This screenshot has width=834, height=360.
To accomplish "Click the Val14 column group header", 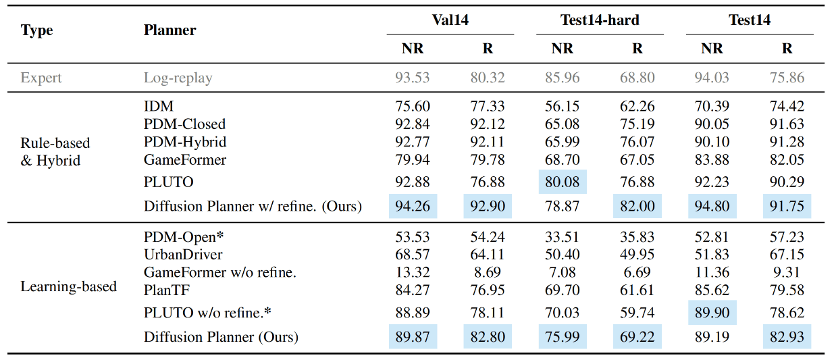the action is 450,20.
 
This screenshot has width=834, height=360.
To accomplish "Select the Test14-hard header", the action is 600,20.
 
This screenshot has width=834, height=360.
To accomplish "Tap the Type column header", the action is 36,30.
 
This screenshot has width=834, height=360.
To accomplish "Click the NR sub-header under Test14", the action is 712,49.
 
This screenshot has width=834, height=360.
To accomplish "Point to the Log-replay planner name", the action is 178,78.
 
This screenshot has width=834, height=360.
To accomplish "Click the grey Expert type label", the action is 41,78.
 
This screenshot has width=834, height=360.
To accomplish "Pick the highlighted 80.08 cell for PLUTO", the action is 563,182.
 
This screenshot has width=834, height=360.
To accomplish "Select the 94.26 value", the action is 413,206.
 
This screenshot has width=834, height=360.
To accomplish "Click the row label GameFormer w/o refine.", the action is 220,272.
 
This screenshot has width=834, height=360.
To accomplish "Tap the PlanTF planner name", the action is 167,290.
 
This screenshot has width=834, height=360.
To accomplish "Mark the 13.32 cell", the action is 413,272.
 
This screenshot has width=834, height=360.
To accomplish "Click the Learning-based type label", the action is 68,286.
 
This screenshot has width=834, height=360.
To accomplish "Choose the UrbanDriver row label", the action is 183,255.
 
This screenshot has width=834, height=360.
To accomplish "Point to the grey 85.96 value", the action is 563,78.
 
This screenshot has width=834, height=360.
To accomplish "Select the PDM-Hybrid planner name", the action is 185,142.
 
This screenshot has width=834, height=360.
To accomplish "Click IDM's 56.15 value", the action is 563,106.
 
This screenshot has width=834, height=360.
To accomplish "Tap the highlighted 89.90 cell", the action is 712,312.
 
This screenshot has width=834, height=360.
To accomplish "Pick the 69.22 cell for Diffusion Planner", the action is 637,336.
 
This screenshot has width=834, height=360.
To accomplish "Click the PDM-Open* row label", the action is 184,237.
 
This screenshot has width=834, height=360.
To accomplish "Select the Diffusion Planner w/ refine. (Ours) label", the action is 253,206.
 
